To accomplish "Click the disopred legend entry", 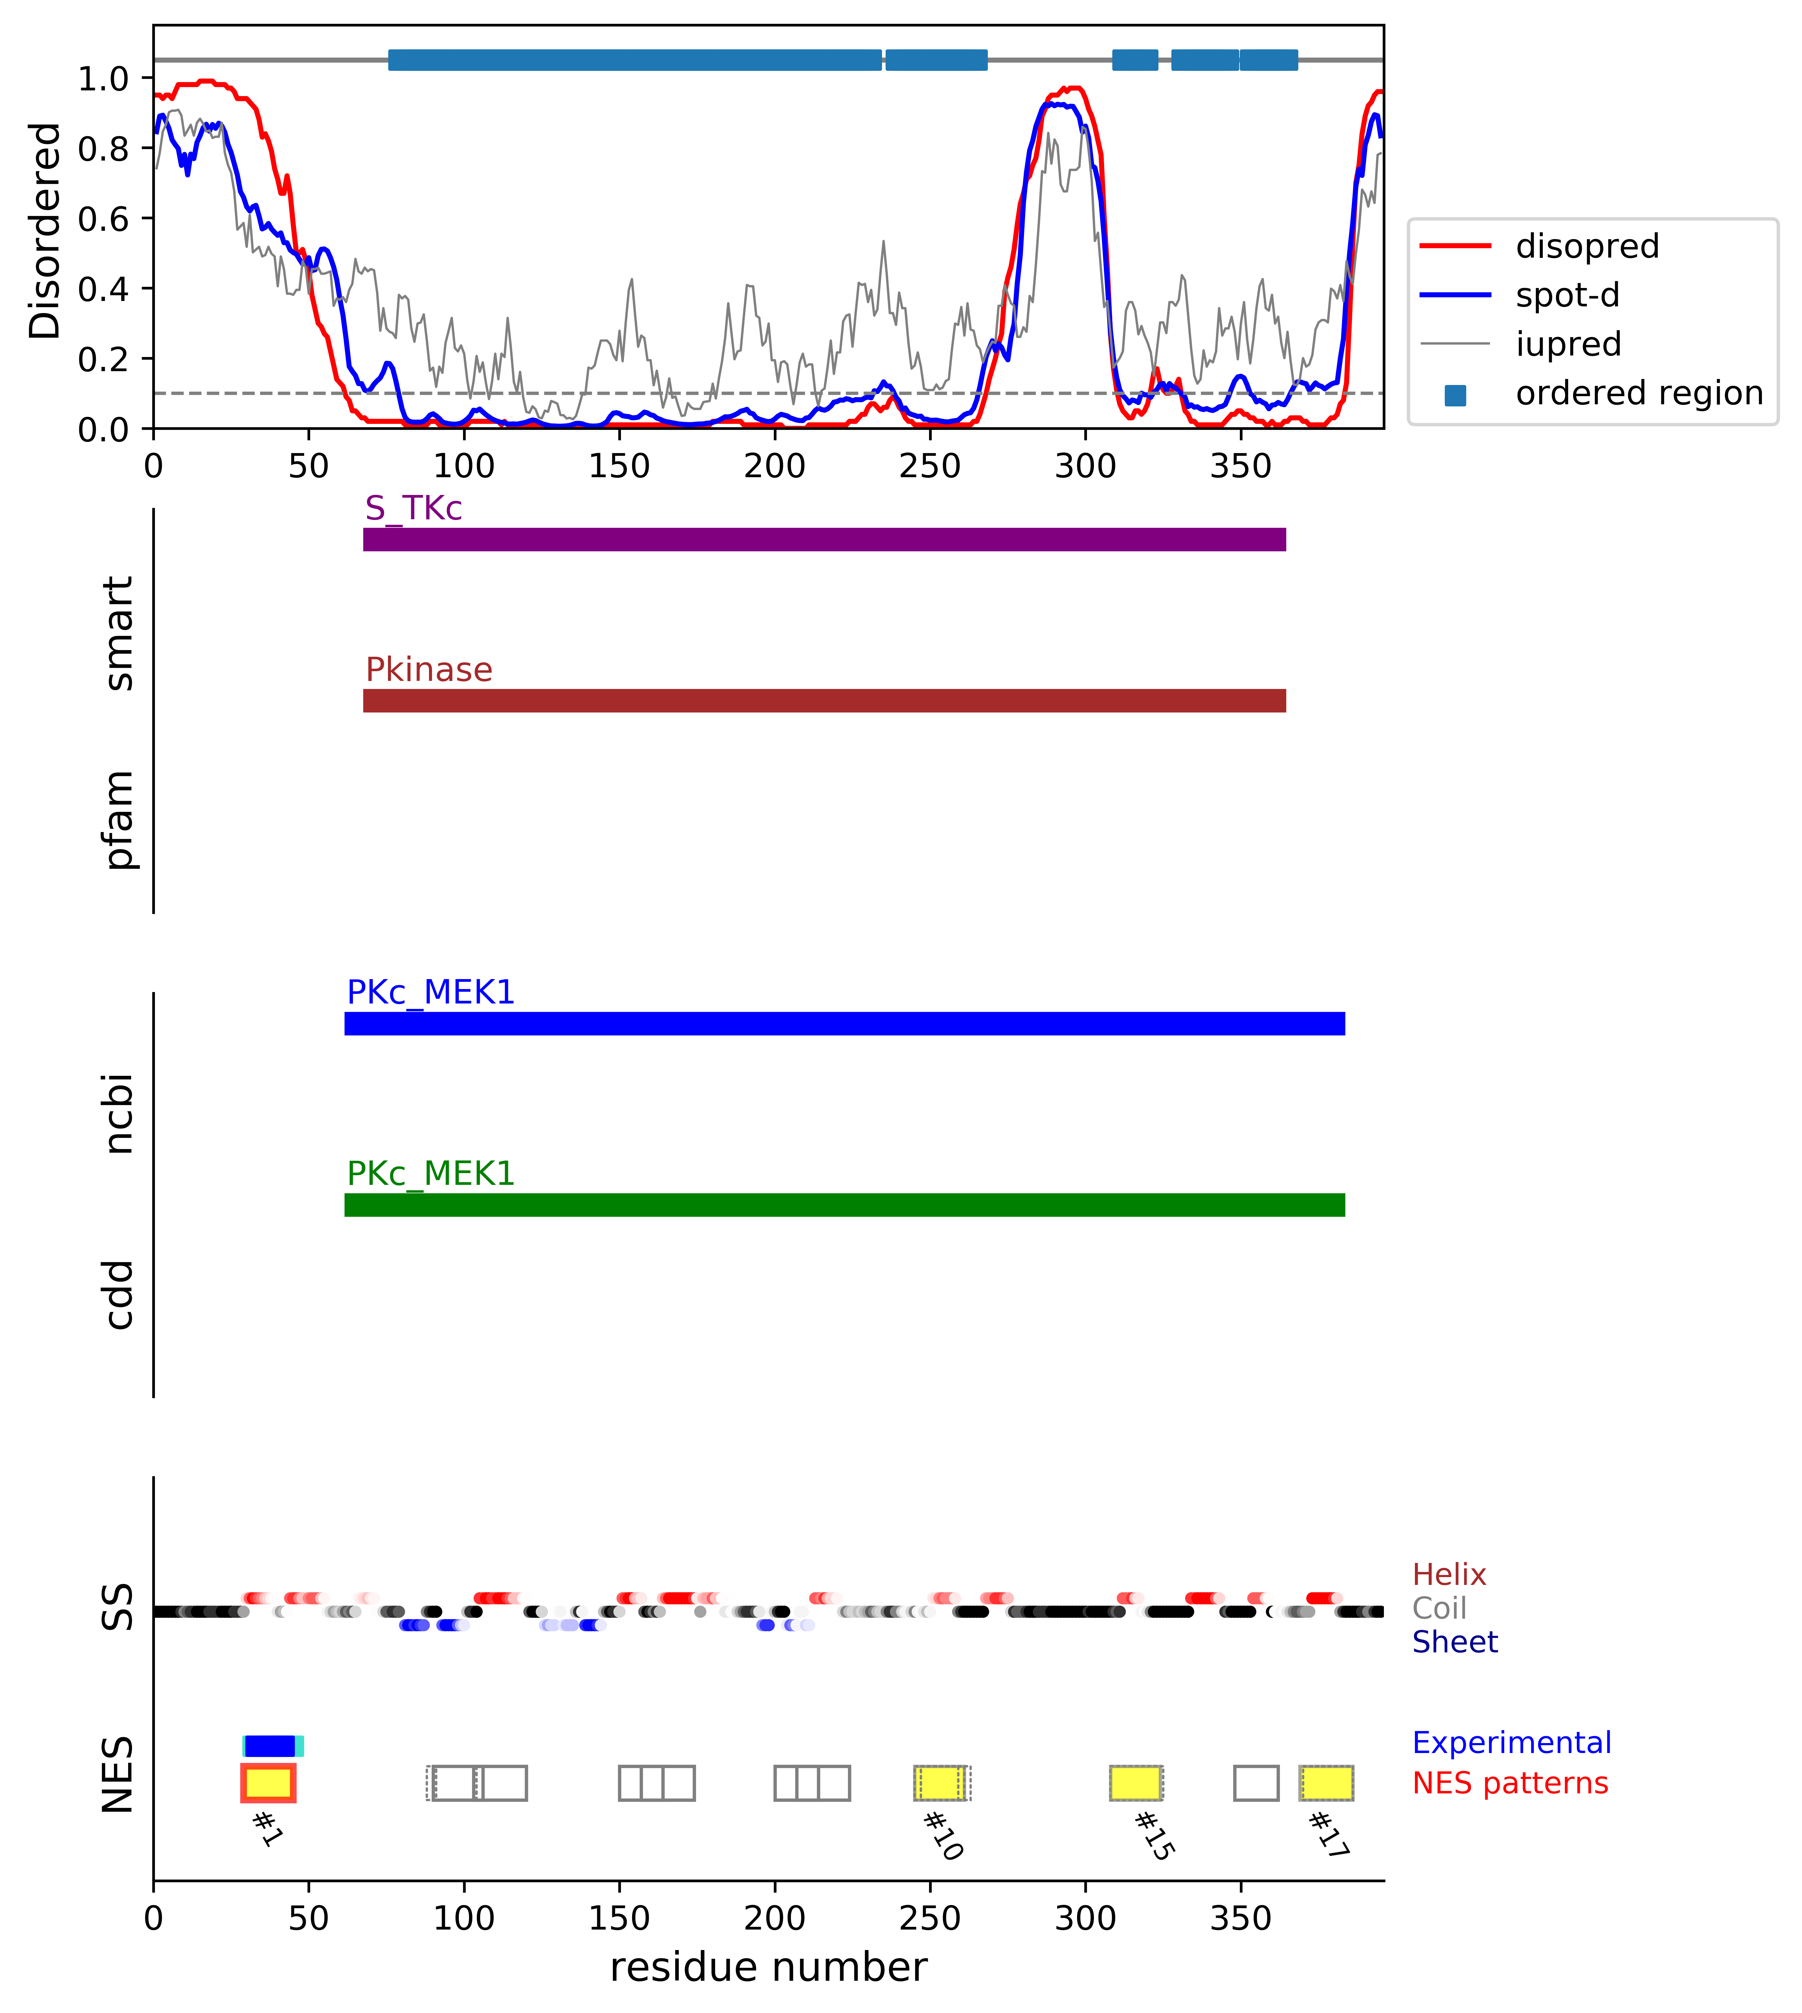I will point(1586,246).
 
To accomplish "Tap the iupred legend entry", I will point(1567,344).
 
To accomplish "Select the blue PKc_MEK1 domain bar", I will point(845,1023).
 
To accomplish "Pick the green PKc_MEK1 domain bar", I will point(845,1204).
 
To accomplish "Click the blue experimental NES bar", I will point(270,1746).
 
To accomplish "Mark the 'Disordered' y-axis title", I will point(46,230).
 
